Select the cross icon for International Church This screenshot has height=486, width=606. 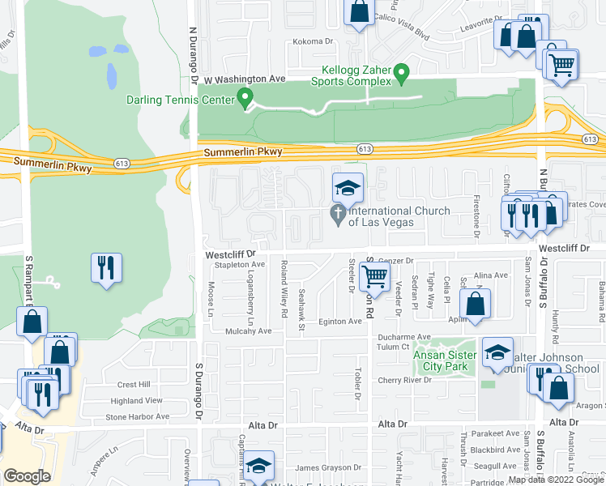337,213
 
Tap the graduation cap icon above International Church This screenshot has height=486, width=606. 347,189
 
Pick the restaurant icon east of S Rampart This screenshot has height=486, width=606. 105,267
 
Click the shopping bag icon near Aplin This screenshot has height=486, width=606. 476,305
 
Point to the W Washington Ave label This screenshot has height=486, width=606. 245,79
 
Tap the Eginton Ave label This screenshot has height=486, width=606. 339,322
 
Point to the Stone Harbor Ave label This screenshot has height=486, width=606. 137,416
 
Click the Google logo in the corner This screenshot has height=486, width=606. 27,476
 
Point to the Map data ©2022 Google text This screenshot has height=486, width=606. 556,480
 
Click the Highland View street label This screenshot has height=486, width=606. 137,400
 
